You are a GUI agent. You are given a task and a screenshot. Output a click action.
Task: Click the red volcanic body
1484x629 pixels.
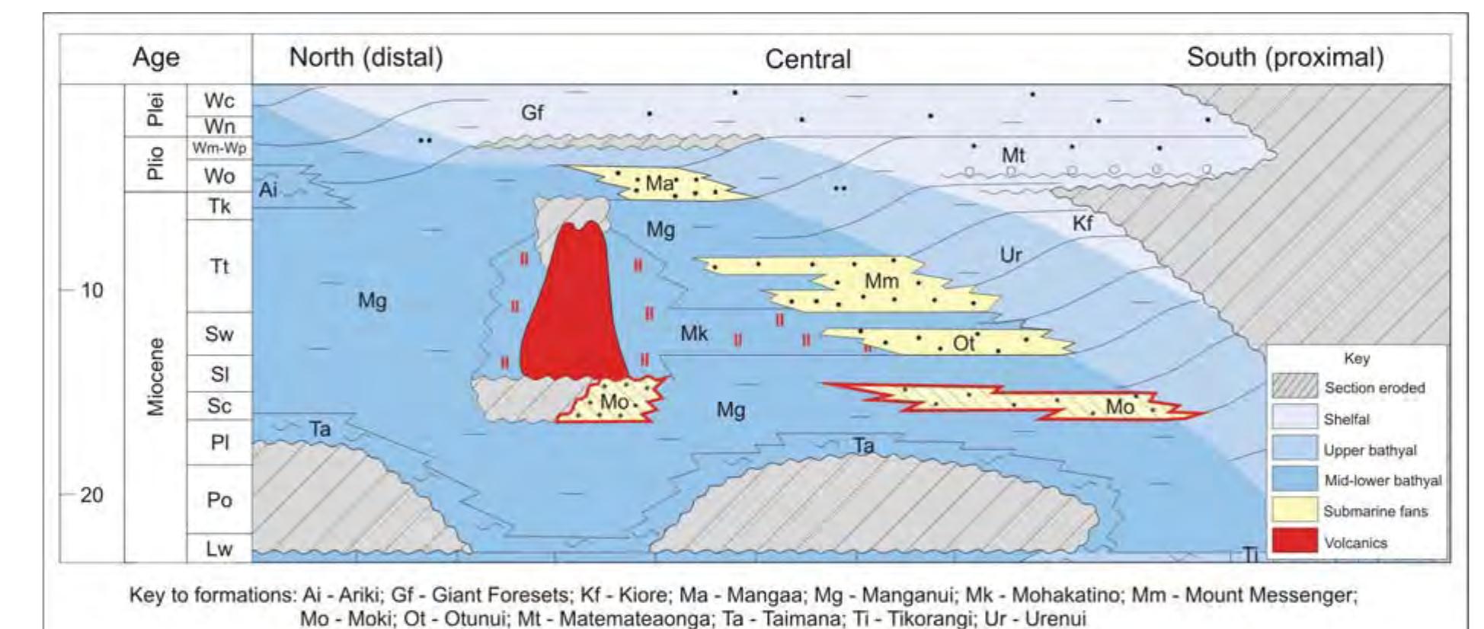pos(571,305)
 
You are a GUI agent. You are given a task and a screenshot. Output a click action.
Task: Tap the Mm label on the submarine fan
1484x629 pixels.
pos(881,281)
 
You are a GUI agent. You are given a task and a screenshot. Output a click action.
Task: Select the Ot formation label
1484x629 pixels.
pos(964,344)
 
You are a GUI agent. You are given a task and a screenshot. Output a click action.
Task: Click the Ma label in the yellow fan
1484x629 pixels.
pos(659,184)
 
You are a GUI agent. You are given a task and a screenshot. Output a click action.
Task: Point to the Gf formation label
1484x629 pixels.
pos(532,113)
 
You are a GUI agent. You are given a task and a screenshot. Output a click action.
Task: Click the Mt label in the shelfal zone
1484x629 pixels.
pos(1012,155)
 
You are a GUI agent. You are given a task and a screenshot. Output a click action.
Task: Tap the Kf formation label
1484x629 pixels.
pos(1082,223)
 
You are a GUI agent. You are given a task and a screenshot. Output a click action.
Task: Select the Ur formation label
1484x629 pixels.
pos(1010,255)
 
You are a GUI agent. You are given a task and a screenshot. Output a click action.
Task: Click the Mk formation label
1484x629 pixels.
pos(693,333)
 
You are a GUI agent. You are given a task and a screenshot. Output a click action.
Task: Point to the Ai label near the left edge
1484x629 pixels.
pos(267,190)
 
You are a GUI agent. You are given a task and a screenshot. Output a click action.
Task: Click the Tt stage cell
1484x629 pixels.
pos(219,266)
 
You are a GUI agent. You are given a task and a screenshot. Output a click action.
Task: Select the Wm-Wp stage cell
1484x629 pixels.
pos(219,148)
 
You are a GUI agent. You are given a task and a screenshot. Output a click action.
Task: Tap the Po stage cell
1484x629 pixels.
pos(219,500)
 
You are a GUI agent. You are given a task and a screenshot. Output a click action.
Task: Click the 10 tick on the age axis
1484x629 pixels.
pos(91,290)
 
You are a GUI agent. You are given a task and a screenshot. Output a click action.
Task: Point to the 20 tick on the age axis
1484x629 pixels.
pos(91,495)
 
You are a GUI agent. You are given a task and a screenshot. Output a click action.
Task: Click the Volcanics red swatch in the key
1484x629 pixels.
pos(1294,541)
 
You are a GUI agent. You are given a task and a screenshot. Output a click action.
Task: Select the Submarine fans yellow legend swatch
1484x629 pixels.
pos(1294,510)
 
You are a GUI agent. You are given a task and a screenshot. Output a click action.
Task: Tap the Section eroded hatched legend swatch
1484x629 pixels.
pos(1294,387)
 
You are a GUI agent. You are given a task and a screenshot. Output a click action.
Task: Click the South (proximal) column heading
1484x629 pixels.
pos(1285,57)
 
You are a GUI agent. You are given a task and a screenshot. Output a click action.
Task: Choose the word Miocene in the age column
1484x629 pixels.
pos(155,377)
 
